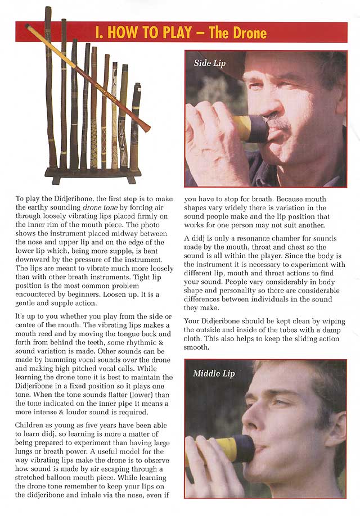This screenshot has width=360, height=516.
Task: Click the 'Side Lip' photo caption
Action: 210,63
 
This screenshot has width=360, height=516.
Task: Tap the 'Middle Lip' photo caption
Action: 214,373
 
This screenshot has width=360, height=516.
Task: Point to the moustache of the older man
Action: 280,122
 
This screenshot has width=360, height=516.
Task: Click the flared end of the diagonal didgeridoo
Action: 146,126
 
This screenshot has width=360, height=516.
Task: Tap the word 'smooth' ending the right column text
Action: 197,348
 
